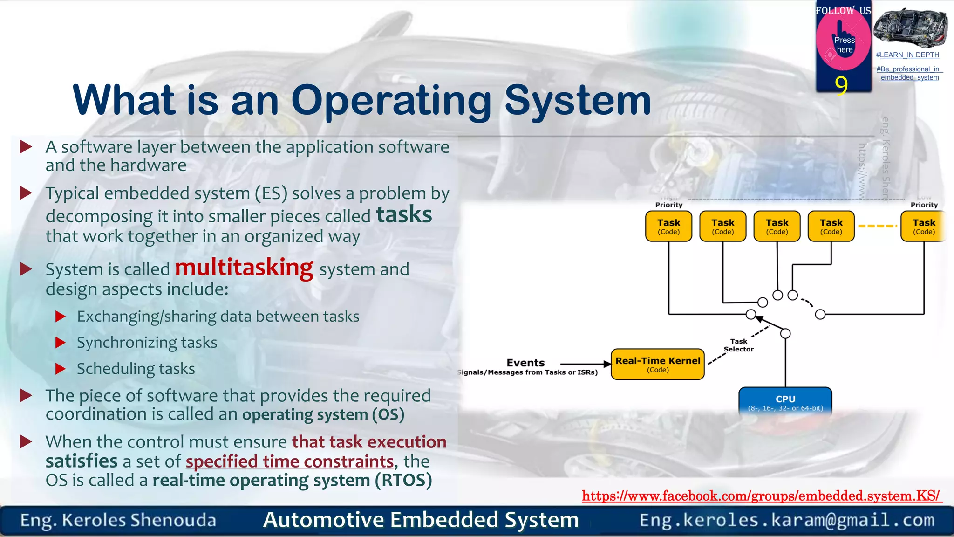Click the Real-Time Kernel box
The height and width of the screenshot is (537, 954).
(657, 364)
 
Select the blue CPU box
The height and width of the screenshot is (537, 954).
(785, 401)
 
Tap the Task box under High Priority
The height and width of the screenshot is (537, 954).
(668, 226)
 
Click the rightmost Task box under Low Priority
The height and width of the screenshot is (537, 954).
(923, 226)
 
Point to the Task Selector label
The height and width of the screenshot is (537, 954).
(738, 345)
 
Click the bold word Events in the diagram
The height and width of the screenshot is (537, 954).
(525, 363)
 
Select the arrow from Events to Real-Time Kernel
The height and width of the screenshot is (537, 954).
(585, 364)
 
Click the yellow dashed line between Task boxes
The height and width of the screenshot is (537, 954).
(877, 226)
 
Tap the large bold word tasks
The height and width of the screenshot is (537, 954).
(404, 214)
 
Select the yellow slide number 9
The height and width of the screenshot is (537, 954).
(841, 85)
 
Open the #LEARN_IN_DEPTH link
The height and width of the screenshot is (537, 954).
(907, 55)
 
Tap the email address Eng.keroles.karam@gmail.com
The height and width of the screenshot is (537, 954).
(787, 520)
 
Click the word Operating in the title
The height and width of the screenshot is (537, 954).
(391, 100)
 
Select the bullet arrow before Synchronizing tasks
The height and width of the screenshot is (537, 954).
(61, 343)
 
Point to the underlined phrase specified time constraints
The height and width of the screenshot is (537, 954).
(290, 461)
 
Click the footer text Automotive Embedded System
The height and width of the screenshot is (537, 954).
(421, 520)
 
